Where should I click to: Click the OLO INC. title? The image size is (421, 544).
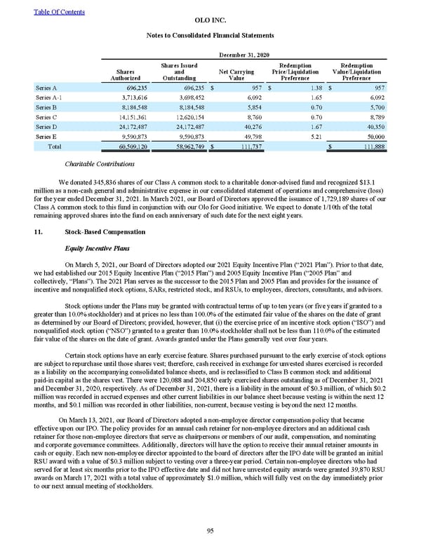(210, 22)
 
